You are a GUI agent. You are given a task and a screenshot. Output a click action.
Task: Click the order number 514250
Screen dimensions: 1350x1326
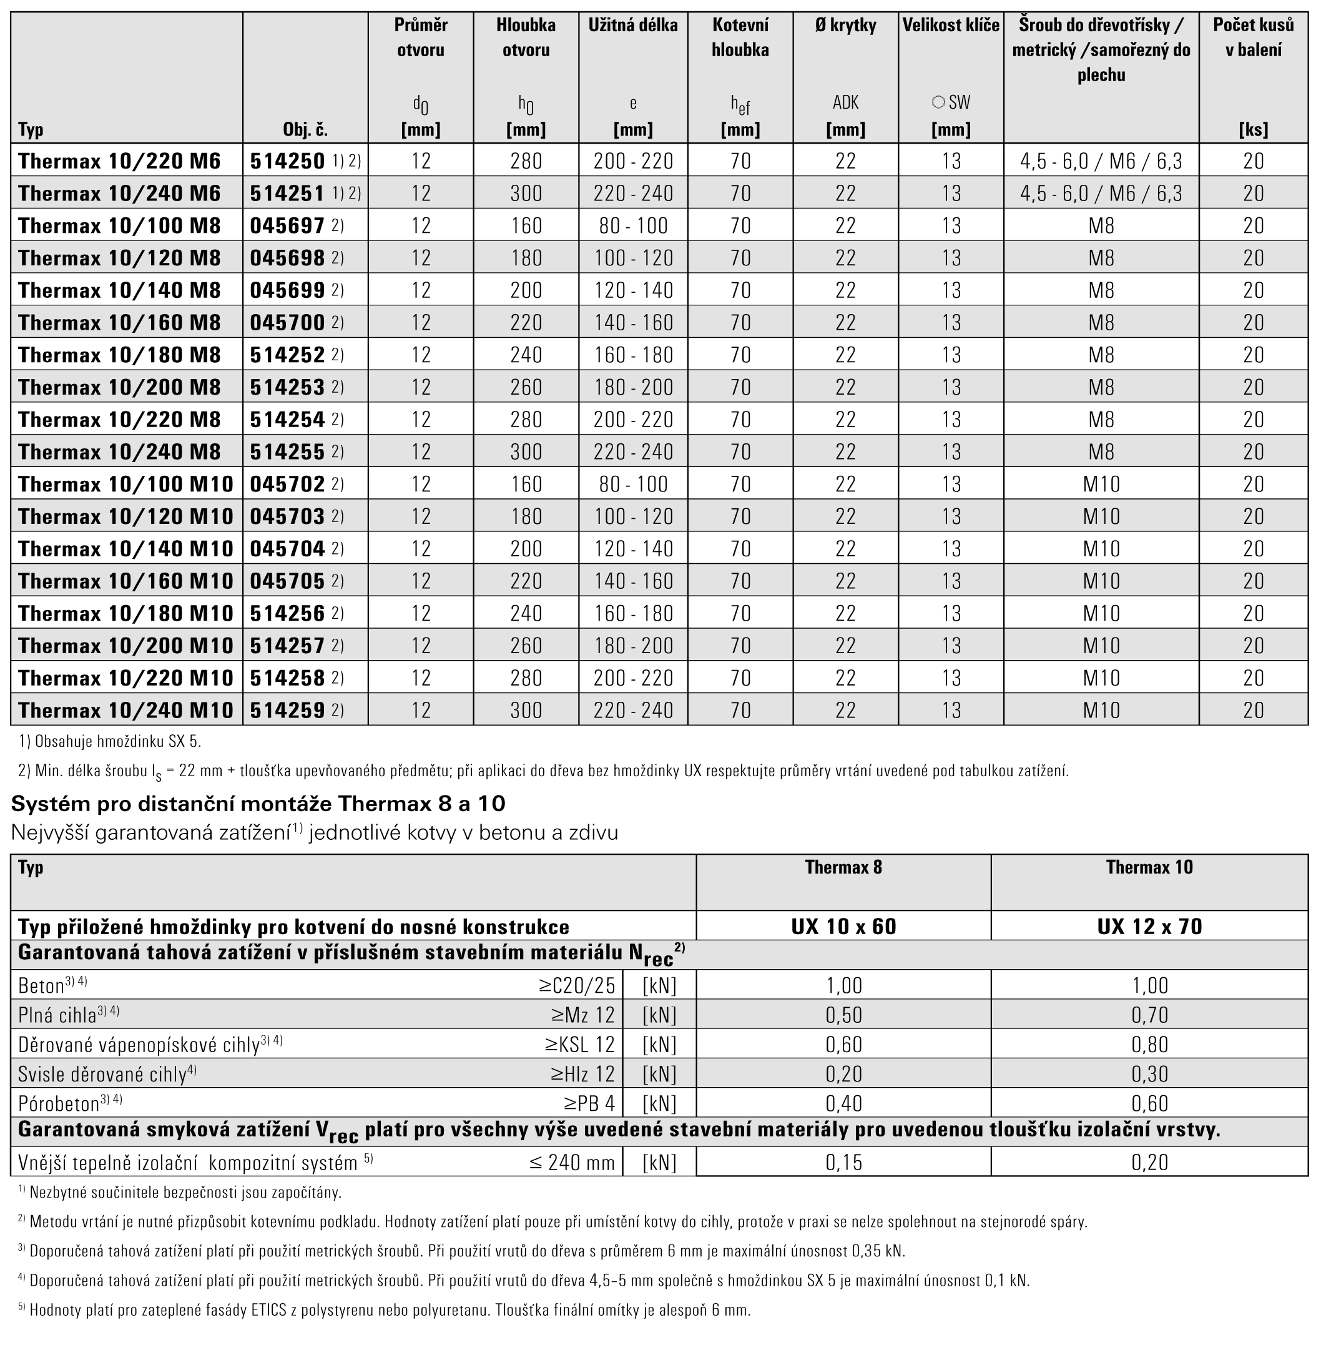[287, 162]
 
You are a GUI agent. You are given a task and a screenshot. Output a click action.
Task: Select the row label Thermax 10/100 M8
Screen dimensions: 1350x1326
[119, 225]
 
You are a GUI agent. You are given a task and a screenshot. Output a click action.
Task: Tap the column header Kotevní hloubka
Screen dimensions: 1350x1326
[740, 37]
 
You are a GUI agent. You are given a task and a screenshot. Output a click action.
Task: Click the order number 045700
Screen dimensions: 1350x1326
[287, 323]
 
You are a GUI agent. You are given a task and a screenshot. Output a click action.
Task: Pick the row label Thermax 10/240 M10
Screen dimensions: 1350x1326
[125, 710]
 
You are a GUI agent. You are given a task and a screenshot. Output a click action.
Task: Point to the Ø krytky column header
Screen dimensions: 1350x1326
[845, 26]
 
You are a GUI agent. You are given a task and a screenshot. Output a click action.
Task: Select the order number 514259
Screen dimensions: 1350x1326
[287, 710]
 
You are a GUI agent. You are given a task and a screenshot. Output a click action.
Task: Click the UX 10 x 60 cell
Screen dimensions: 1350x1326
[843, 927]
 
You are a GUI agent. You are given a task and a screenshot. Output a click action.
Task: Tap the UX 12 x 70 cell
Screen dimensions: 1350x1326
[1149, 927]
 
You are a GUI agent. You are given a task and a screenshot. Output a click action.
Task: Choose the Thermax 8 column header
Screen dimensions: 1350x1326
[843, 867]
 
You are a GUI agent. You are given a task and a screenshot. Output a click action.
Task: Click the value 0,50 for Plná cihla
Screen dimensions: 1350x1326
[843, 1015]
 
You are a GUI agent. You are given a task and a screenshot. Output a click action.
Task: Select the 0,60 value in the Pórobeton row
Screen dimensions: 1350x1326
[1149, 1103]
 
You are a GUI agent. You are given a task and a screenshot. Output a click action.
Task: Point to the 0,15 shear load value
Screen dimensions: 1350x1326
[843, 1162]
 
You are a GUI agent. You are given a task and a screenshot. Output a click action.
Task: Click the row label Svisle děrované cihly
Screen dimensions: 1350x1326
[102, 1074]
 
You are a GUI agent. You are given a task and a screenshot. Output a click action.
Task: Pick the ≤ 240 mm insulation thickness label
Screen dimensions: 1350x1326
[572, 1162]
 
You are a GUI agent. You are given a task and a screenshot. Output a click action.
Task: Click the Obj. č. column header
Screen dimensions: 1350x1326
[305, 129]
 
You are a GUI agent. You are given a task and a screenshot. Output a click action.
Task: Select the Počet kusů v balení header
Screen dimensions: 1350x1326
[1253, 37]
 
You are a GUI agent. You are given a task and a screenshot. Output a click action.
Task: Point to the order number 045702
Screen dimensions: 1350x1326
[287, 484]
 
